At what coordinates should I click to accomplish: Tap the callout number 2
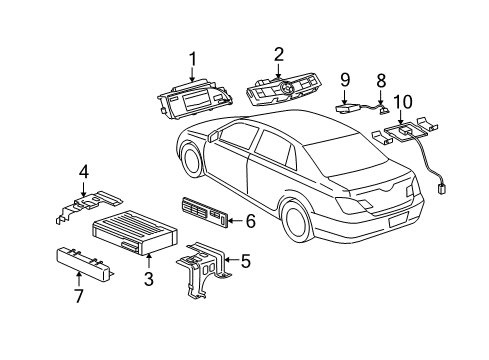(279, 54)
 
